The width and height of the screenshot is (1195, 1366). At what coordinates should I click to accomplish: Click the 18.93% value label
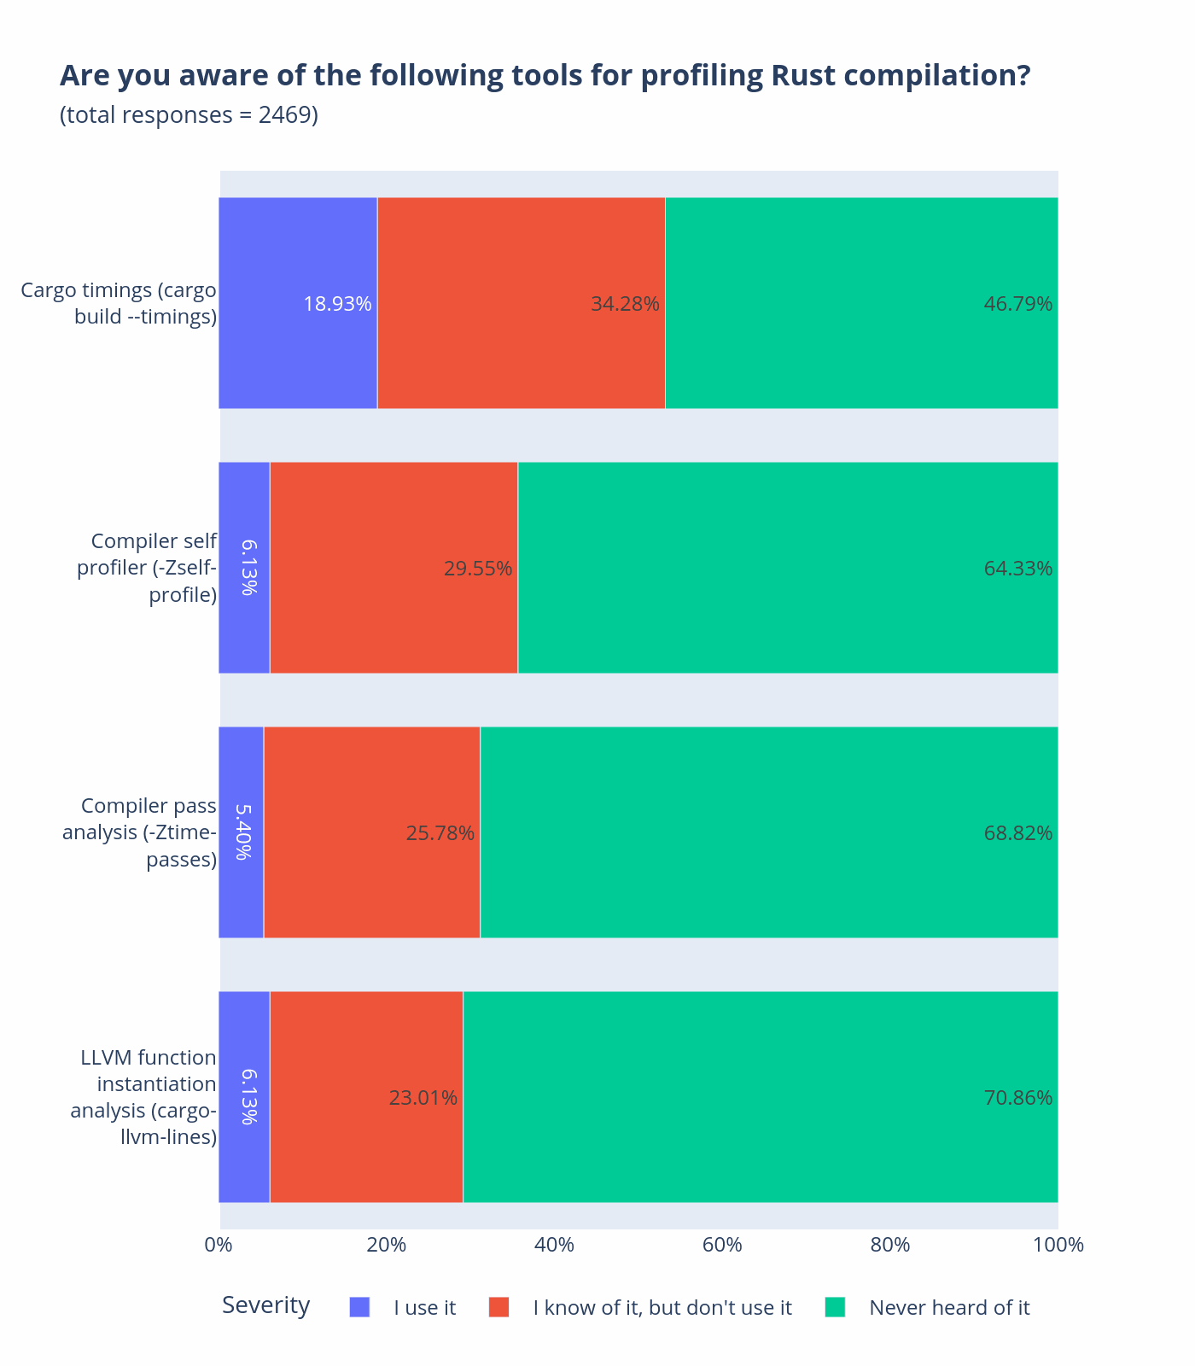point(337,304)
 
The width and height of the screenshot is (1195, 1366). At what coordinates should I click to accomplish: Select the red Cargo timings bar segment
point(521,303)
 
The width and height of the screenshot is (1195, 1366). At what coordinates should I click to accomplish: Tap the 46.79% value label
point(1017,304)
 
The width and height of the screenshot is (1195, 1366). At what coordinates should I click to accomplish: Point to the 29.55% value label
point(478,569)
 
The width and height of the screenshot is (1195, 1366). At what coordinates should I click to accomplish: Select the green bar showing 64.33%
point(787,568)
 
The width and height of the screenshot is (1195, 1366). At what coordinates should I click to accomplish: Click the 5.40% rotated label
point(242,832)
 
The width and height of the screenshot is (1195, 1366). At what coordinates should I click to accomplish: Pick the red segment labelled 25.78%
point(371,832)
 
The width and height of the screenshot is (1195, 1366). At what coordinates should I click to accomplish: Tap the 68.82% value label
point(1017,833)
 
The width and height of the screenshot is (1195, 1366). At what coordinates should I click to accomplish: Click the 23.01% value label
point(423,1098)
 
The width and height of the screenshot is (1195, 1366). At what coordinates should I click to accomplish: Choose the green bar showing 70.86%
point(760,1097)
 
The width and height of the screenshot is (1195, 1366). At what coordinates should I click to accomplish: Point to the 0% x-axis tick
point(219,1245)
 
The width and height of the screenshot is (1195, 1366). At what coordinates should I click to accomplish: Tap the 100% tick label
point(1058,1245)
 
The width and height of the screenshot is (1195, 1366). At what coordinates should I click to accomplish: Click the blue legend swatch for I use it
point(359,1307)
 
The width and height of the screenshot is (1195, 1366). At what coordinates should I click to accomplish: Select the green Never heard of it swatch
point(835,1307)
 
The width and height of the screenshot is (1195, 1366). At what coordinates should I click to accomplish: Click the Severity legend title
point(265,1305)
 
